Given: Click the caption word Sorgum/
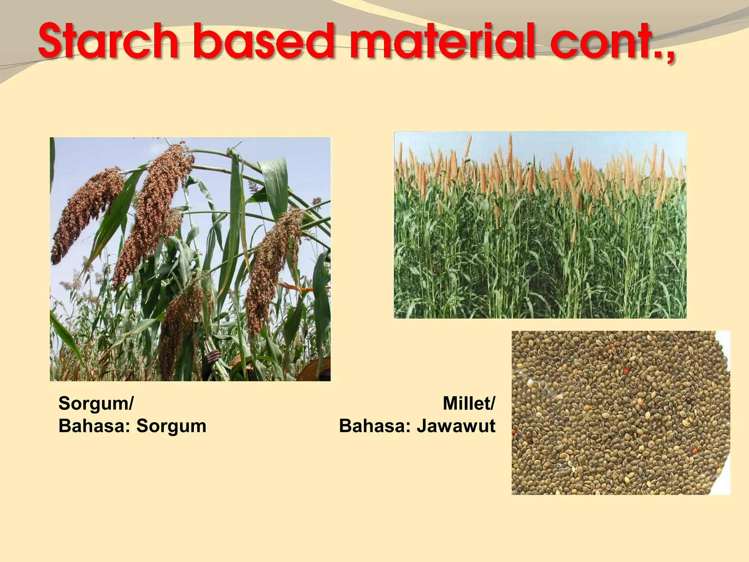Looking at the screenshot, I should point(96,404).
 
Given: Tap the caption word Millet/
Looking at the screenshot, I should point(468,404).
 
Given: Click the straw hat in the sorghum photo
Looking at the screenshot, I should point(315,370).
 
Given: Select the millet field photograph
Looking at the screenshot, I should point(540,225).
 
